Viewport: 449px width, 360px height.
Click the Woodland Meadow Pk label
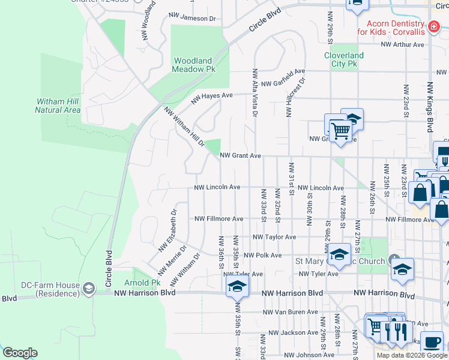194,65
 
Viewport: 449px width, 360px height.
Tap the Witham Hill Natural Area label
58,106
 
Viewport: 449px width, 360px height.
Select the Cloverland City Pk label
345,59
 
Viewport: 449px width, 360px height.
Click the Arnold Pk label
142,283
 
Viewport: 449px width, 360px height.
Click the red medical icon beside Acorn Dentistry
433,26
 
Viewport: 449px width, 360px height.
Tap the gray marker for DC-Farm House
89,289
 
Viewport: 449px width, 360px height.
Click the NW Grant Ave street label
240,155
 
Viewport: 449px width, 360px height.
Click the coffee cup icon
432,343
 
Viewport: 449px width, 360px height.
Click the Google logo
20,353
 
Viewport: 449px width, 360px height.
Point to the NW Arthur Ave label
402,44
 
